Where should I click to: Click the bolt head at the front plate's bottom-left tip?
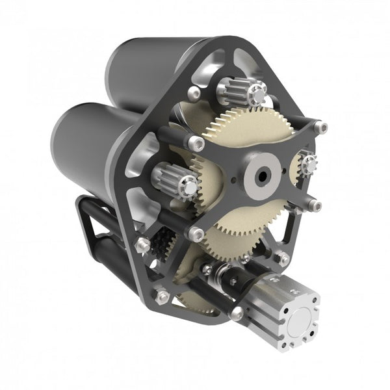click(x=194, y=231)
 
